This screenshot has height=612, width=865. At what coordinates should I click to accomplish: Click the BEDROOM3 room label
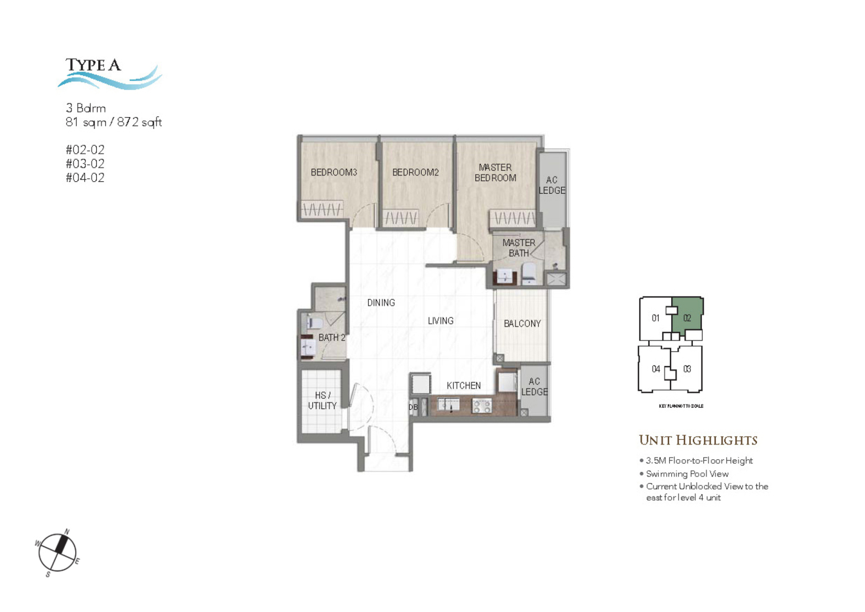pyautogui.click(x=333, y=172)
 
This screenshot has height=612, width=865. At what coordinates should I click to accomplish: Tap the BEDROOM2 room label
pyautogui.click(x=415, y=172)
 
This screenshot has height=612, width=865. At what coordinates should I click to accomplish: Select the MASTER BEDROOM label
pyautogui.click(x=495, y=173)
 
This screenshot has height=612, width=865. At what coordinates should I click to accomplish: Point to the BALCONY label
pyautogui.click(x=522, y=324)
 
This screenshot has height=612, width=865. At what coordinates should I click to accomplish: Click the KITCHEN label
pyautogui.click(x=463, y=386)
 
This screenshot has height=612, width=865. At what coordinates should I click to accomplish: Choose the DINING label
pyautogui.click(x=381, y=303)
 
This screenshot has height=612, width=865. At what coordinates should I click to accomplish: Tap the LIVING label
pyautogui.click(x=440, y=321)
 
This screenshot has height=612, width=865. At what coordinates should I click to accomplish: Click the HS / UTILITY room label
pyautogui.click(x=322, y=401)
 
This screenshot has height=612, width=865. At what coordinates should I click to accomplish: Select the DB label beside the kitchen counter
pyautogui.click(x=413, y=407)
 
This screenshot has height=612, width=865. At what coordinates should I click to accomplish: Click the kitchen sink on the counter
pyautogui.click(x=449, y=405)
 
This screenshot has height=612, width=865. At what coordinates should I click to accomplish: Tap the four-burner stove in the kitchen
pyautogui.click(x=481, y=406)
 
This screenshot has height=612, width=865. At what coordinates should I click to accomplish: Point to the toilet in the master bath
pyautogui.click(x=529, y=274)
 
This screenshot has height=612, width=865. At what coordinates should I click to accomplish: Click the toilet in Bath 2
pyautogui.click(x=314, y=323)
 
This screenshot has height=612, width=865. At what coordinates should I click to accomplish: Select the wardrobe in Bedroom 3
pyautogui.click(x=322, y=210)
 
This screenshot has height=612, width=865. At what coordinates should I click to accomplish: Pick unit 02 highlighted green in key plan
pyautogui.click(x=687, y=318)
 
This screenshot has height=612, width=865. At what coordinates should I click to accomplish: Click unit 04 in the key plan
pyautogui.click(x=656, y=369)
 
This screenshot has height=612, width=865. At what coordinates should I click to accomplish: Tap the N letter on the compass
pyautogui.click(x=67, y=532)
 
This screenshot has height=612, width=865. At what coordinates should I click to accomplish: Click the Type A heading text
pyautogui.click(x=93, y=65)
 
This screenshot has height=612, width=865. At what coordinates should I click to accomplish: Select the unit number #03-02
pyautogui.click(x=85, y=164)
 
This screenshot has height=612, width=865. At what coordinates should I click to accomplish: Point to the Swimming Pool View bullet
pyautogui.click(x=687, y=474)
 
